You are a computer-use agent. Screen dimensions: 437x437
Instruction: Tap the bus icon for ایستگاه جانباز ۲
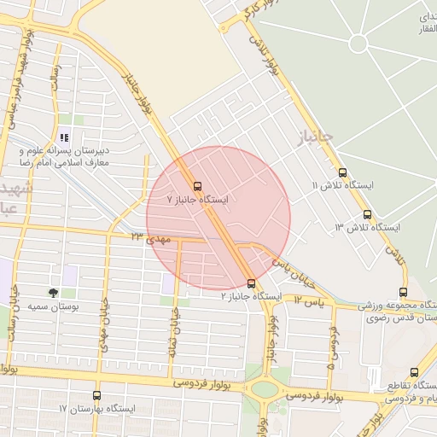coord(251,283)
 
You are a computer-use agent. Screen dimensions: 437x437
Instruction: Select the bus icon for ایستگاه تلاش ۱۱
coord(342,172)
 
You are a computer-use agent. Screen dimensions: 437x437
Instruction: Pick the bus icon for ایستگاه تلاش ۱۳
coord(367,214)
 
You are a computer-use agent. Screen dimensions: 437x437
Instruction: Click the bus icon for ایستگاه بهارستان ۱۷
coord(96,396)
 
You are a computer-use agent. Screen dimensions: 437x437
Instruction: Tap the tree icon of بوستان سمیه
coord(54,292)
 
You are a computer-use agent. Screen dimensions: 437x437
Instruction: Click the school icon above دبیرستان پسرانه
coord(64,137)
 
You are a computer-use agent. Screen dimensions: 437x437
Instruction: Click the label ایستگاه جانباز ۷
coord(199,200)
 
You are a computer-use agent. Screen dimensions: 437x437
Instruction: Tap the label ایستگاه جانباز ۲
coord(252,296)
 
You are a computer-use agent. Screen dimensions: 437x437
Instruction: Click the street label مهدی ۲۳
coord(151,238)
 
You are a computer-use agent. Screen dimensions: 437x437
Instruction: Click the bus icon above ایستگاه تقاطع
coord(415,373)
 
